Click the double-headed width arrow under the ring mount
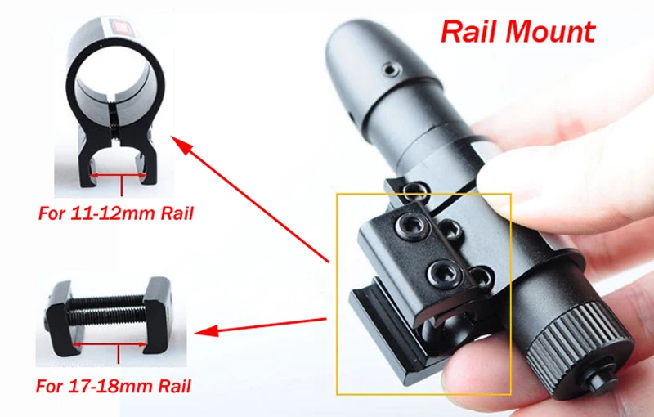point(121,174)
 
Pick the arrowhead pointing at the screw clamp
point(204,331)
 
